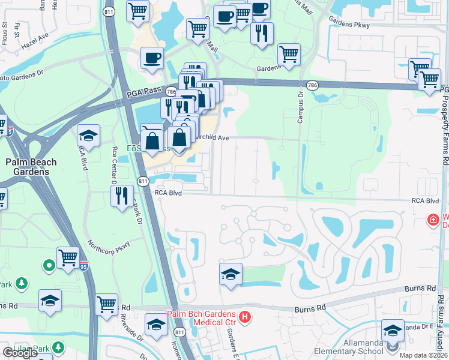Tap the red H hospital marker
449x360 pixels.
(244, 317)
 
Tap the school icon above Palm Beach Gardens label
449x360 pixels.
(88, 136)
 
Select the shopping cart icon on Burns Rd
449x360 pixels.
(106, 304)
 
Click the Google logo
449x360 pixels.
(20, 353)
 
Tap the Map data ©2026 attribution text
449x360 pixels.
(424, 355)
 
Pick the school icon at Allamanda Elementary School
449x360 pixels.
(393, 331)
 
